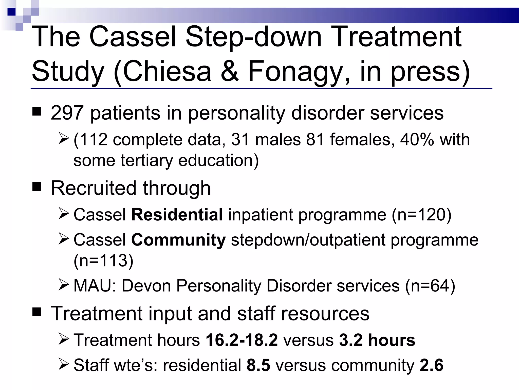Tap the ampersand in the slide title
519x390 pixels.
coord(230,72)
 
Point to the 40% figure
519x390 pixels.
coord(417,140)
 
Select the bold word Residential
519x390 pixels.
coord(177,215)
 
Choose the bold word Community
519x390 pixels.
coord(178,240)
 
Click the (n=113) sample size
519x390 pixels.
coord(103,261)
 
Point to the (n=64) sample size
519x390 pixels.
coord(430,286)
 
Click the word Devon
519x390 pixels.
coord(146,286)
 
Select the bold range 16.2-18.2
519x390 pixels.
coord(242,340)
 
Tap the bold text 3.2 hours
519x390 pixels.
coord(377,340)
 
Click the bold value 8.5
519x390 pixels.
coord(258,365)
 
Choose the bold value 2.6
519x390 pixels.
coord(431,365)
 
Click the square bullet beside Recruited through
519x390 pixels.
coord(37,187)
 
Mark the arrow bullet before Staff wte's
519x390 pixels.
coord(63,364)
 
